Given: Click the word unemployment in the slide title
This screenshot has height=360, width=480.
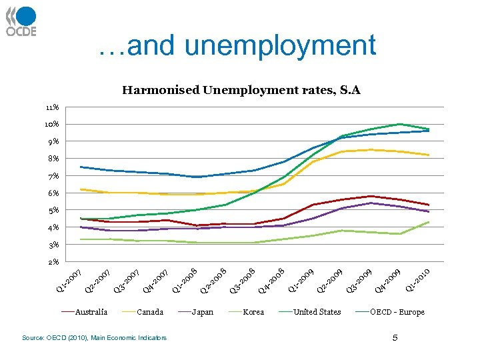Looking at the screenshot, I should pos(281,46).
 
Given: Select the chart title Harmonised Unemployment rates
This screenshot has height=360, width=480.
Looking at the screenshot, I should pos(241,90).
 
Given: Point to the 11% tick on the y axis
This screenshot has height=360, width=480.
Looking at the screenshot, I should pos(53,107).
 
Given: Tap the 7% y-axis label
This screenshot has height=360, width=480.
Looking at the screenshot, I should pos(53,176).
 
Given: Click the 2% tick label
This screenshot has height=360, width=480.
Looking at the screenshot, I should pos(53,261).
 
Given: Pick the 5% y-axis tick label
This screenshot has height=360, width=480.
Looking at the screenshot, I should pos(53,210).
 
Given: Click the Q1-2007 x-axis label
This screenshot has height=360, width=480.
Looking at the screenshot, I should pos(68,279).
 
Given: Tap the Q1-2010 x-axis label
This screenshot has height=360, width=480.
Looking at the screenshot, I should pos(420,279).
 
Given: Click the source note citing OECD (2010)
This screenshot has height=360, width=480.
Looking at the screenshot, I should pos(94,338).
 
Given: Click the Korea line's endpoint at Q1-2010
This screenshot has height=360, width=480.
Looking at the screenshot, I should pos(429,222).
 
